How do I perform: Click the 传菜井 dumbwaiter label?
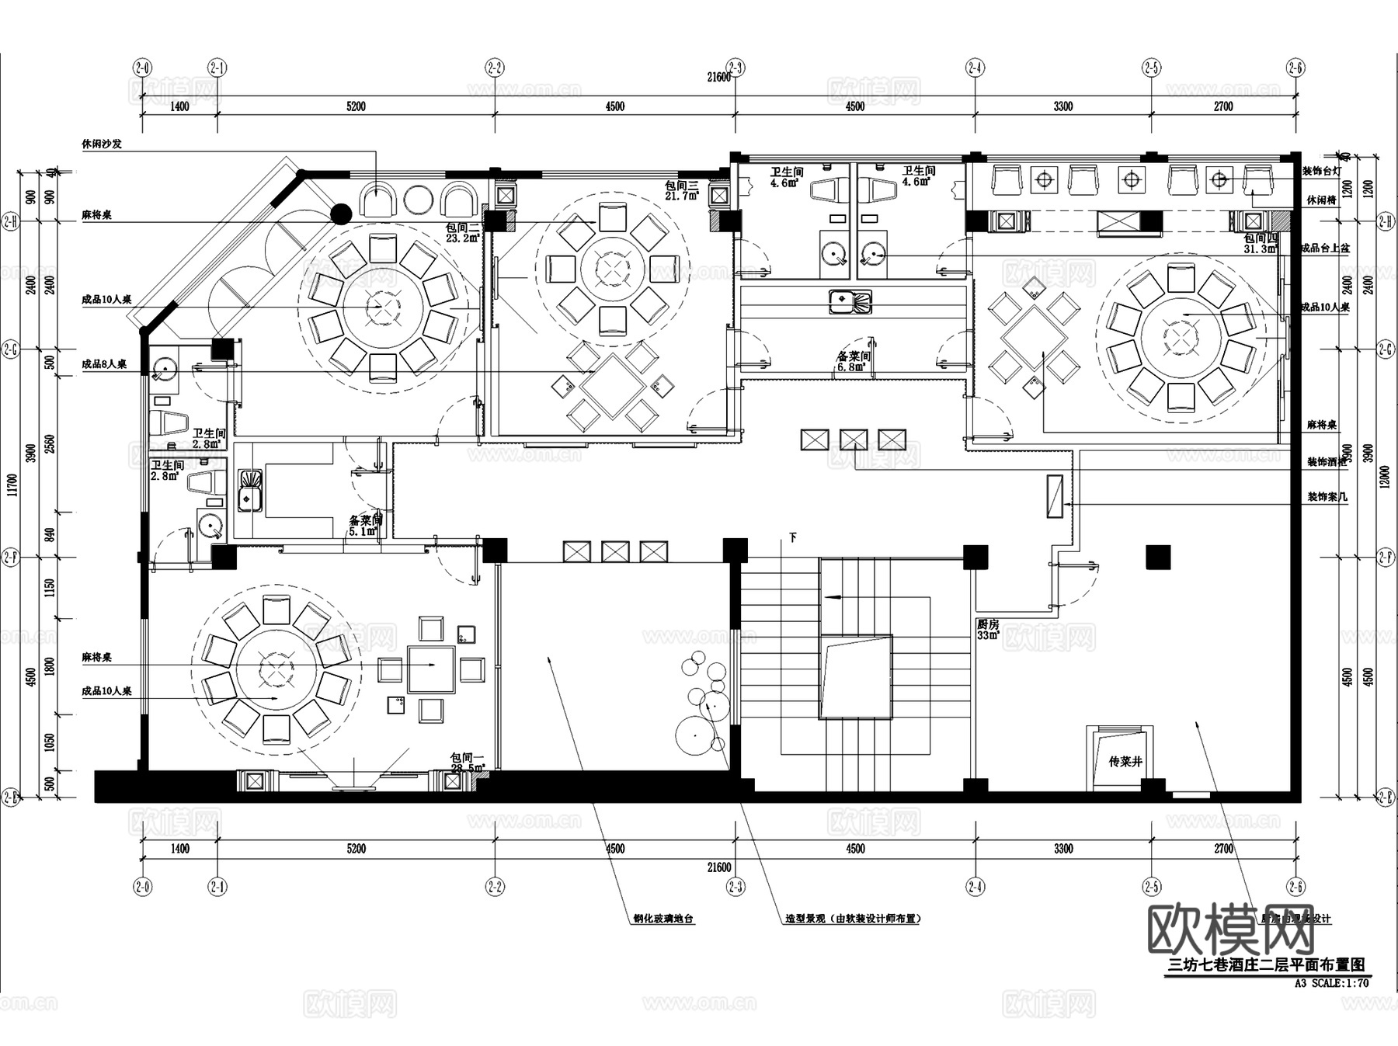tap(1125, 762)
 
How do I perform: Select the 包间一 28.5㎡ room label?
tap(467, 763)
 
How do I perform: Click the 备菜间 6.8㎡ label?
tap(853, 361)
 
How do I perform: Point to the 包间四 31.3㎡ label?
tap(1260, 243)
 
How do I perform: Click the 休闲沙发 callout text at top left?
tap(102, 144)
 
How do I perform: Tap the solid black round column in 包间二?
tap(340, 213)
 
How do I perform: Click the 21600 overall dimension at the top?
tap(718, 77)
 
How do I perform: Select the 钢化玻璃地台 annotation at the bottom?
tap(663, 919)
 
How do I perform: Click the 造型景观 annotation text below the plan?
tap(852, 919)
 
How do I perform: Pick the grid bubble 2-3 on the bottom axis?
tap(736, 886)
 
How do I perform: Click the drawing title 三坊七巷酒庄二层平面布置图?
tap(1267, 965)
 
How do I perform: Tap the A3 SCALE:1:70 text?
tap(1331, 983)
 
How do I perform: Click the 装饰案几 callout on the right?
tap(1327, 497)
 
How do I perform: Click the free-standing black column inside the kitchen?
tap(1157, 558)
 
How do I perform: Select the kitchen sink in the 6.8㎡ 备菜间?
tap(850, 301)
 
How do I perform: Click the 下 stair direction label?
tap(793, 537)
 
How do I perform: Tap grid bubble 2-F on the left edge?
tap(10, 557)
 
